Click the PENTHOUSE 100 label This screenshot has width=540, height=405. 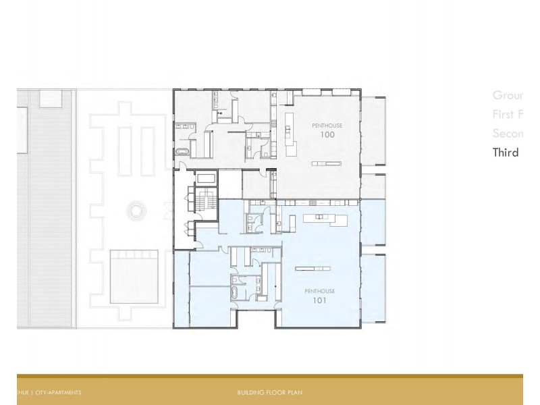327,130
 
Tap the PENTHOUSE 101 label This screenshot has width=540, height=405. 319,296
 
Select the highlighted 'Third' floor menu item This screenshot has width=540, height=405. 506,152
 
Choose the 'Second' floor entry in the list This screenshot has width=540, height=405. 508,133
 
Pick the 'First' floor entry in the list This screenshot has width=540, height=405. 508,114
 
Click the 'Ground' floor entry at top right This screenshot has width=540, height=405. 508,95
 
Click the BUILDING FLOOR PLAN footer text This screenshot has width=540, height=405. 269,392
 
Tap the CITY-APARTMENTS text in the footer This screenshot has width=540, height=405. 58,392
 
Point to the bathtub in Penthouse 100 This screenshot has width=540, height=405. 183,151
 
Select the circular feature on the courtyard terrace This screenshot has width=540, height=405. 137,211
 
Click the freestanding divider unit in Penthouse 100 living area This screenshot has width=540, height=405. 326,163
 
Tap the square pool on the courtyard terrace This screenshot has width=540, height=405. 134,274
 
